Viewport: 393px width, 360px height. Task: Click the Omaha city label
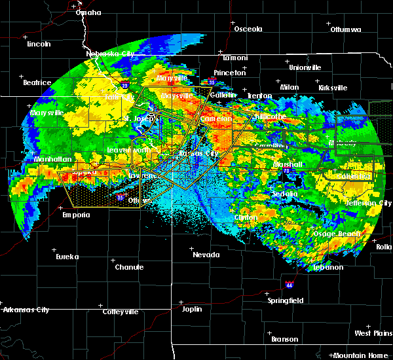[88, 12]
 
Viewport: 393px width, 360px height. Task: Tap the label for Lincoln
[39, 44]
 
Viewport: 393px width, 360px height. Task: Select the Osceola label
[248, 29]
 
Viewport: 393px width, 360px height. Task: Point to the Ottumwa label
[345, 29]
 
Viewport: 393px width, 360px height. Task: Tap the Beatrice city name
[37, 82]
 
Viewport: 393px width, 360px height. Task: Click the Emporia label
[76, 215]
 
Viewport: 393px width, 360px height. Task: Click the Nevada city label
[206, 255]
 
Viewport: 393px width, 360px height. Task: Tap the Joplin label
[192, 308]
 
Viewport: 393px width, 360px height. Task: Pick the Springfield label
[286, 300]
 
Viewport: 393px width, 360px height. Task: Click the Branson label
[284, 339]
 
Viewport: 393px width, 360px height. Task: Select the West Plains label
[373, 333]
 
